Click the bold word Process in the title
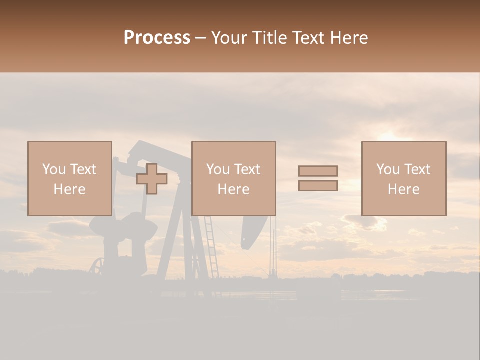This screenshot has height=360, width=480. click(157, 37)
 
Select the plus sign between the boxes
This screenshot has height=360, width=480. click(152, 179)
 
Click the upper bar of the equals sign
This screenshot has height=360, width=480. click(318, 171)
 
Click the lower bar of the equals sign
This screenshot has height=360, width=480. click(318, 186)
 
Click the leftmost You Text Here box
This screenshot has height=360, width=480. click(70, 178)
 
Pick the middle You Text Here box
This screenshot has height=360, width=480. click(233, 178)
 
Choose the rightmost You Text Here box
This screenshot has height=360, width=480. click(404, 178)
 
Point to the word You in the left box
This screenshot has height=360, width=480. click(53, 169)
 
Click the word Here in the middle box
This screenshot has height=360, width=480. click(233, 189)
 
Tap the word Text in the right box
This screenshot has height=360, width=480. click(416, 169)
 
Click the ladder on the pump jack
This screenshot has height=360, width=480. click(211, 247)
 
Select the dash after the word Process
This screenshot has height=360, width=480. click(201, 38)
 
